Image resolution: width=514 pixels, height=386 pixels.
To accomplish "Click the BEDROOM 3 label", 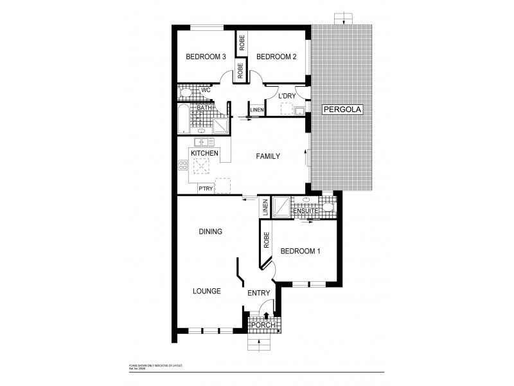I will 206,57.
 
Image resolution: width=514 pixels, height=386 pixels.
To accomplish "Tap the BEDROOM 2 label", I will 276,57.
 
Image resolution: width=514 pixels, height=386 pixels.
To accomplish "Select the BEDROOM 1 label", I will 300,251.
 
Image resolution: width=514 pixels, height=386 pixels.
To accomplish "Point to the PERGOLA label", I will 343,110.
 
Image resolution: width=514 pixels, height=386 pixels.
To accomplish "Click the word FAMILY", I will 267,156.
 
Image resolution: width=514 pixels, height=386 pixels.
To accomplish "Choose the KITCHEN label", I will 204,153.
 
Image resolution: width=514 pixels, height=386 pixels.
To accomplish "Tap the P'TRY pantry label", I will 206,188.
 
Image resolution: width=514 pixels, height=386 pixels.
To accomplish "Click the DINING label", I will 210,232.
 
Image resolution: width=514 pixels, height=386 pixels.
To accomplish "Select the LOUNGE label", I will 207,291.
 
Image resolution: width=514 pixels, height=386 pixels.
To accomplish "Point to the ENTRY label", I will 259,294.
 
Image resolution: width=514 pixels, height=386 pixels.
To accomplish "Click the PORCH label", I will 263,326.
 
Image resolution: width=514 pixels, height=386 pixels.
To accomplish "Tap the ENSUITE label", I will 304,210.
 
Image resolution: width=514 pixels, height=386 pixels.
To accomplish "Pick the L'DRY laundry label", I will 287,96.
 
